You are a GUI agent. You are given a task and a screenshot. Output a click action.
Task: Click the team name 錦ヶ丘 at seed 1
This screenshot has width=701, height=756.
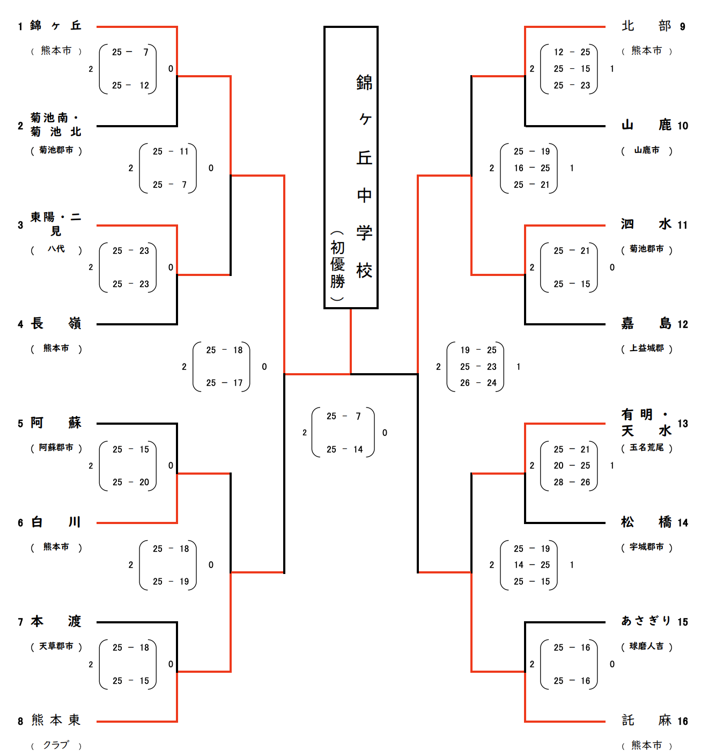pyautogui.click(x=56, y=26)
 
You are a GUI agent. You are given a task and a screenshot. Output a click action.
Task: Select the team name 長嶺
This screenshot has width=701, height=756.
pyautogui.click(x=56, y=323)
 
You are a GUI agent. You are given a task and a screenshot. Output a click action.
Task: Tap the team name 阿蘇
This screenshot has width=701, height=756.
pyautogui.click(x=56, y=423)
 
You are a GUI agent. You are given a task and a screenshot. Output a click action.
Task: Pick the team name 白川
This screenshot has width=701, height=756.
pyautogui.click(x=56, y=522)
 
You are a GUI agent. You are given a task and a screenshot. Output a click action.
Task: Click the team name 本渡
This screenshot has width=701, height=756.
pyautogui.click(x=56, y=621)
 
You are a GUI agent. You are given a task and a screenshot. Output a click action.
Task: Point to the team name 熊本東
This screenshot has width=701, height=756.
pyautogui.click(x=56, y=720)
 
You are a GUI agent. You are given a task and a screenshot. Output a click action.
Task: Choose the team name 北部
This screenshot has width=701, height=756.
pyautogui.click(x=646, y=26)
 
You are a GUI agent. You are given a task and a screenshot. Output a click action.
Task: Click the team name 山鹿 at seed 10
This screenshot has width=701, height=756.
pyautogui.click(x=646, y=125)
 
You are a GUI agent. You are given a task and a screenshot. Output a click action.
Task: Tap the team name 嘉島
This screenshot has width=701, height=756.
pyautogui.click(x=646, y=323)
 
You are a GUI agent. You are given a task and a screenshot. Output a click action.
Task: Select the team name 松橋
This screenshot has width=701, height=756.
pyautogui.click(x=646, y=522)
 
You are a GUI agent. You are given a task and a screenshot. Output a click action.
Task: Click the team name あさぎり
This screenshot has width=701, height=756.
pyautogui.click(x=646, y=621)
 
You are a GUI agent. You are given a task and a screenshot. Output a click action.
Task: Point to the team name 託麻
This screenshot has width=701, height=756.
pyautogui.click(x=646, y=720)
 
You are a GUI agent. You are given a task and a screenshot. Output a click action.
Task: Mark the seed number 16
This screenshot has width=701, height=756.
pyautogui.click(x=682, y=721)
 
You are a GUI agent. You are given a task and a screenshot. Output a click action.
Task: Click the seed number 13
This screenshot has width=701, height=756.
pyautogui.click(x=682, y=424)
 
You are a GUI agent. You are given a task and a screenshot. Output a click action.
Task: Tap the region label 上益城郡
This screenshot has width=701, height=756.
pyautogui.click(x=646, y=348)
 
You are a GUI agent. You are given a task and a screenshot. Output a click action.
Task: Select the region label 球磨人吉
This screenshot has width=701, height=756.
pyautogui.click(x=646, y=646)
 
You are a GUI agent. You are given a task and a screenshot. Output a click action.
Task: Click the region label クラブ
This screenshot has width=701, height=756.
pyautogui.click(x=56, y=745)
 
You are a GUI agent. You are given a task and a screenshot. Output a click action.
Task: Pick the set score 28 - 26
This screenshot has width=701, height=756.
pyautogui.click(x=572, y=482)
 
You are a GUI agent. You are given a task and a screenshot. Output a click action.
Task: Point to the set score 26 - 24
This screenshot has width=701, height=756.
pyautogui.click(x=478, y=383)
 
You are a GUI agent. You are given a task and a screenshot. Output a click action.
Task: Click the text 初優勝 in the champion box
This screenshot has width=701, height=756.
pyautogui.click(x=337, y=264)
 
